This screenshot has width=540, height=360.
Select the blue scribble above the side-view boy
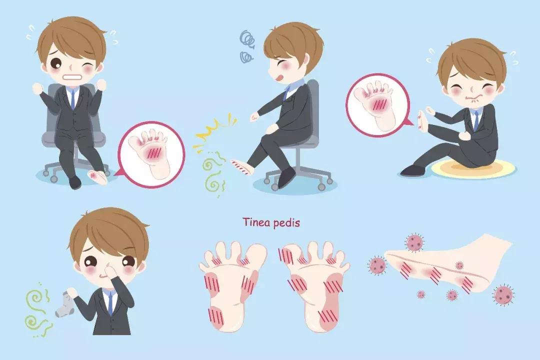click(247, 46)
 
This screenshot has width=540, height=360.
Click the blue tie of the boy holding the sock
click(110, 303)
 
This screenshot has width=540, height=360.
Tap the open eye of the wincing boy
click(56, 63)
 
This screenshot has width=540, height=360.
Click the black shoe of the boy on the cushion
click(414, 169)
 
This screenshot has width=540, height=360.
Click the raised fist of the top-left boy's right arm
click(37, 88)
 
